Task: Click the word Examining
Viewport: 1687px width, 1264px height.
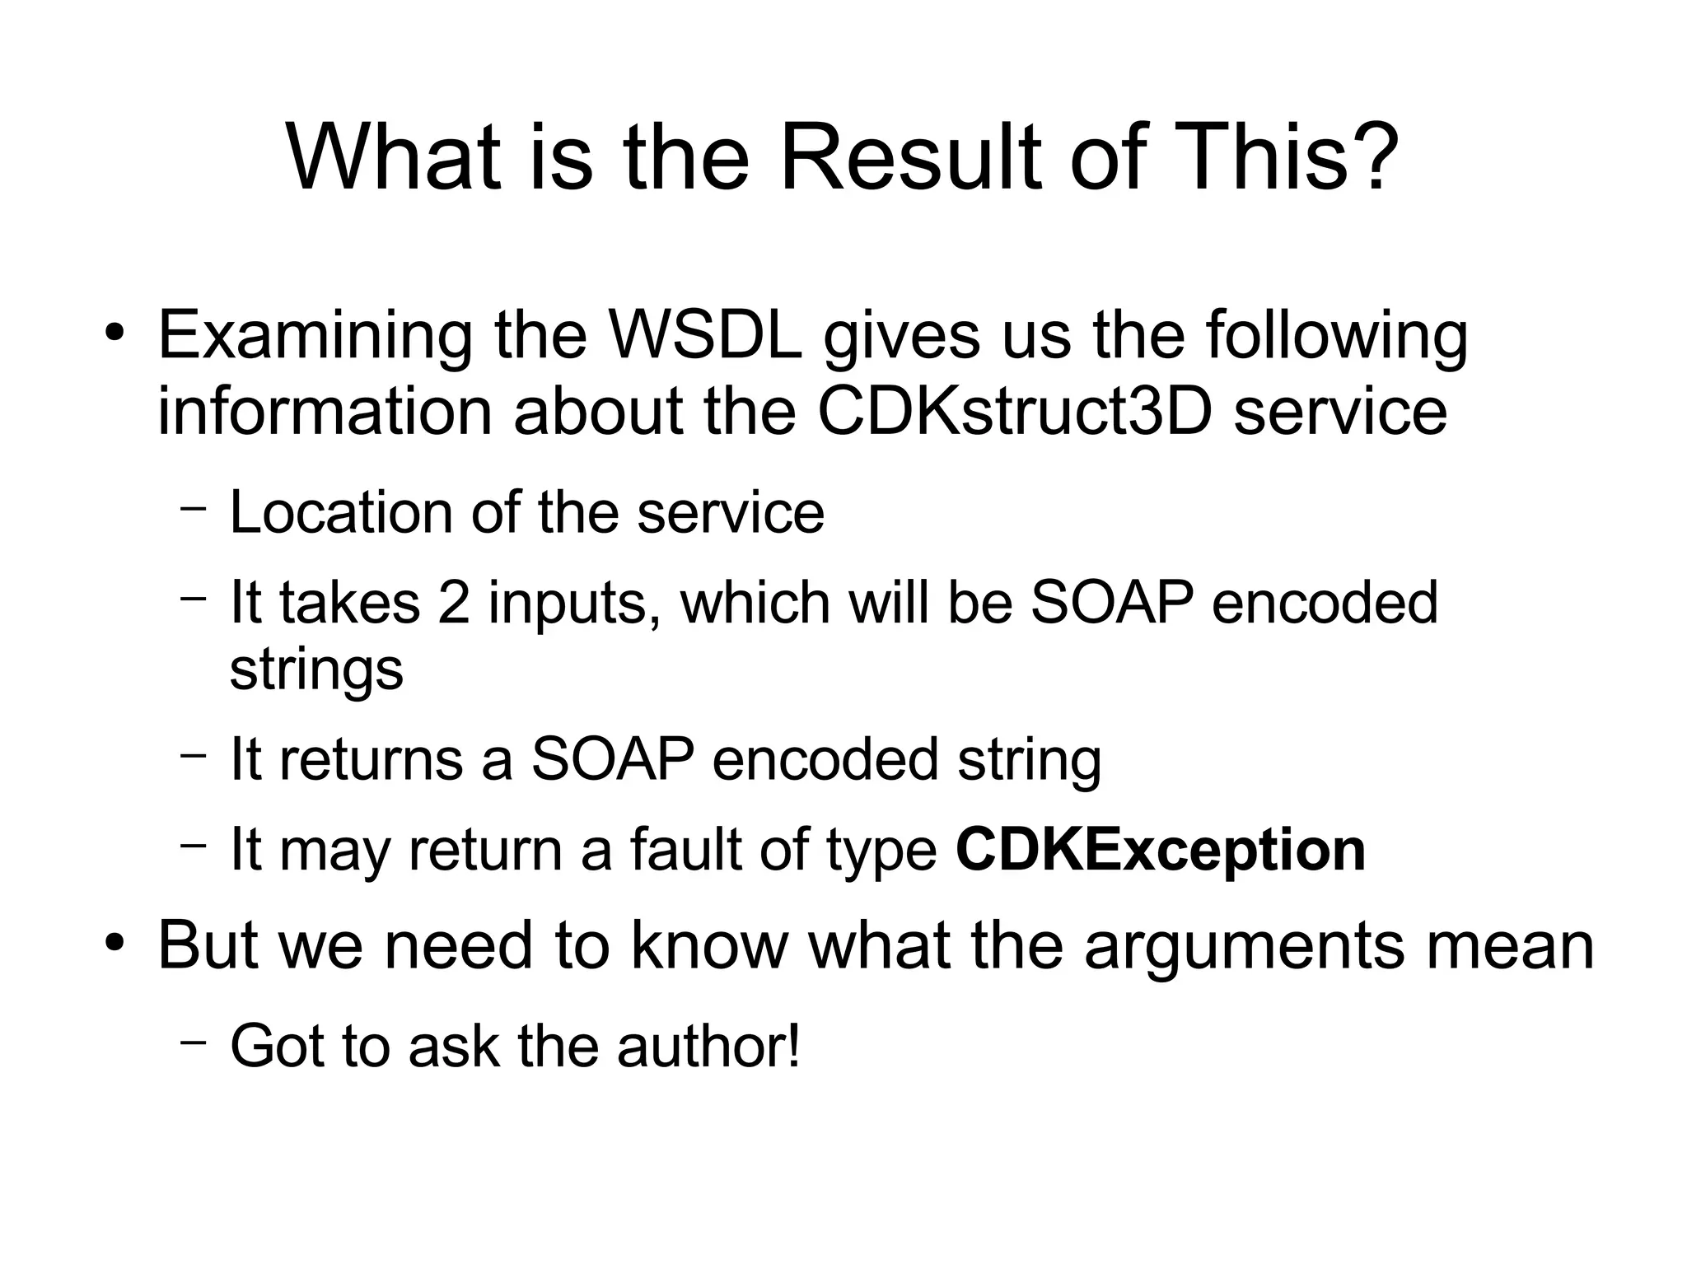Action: (315, 338)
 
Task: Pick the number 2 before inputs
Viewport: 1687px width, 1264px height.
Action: (453, 602)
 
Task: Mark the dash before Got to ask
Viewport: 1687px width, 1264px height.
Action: (193, 1042)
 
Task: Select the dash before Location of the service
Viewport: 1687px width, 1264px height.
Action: (193, 508)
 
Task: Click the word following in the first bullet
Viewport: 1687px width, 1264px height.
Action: (1336, 338)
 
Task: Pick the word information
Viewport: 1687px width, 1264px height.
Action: (325, 411)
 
